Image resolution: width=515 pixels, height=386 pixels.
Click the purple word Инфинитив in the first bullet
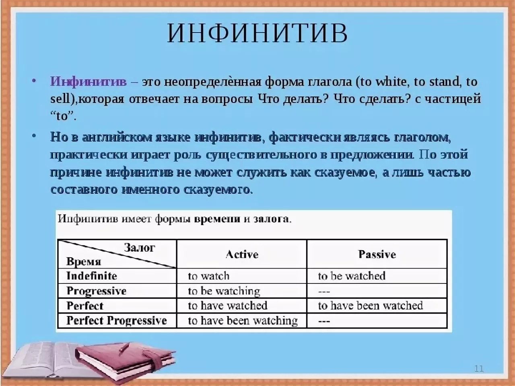pos(88,82)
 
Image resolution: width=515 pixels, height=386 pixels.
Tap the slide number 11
pos(479,368)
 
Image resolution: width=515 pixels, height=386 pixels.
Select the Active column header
pos(242,254)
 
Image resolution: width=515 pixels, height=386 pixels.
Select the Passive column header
pos(377,254)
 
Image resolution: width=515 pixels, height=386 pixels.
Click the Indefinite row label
pos(92,276)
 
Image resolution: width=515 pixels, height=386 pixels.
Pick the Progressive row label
pos(97,291)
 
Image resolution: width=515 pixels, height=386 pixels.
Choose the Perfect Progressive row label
pos(117,320)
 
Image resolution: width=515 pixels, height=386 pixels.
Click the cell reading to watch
pos(208,276)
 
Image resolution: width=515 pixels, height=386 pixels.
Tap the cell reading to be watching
pos(224,291)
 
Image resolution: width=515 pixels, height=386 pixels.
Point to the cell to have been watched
pos(370,306)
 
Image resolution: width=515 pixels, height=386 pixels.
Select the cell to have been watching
pos(243,320)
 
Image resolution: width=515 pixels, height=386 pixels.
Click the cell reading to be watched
pos(352,276)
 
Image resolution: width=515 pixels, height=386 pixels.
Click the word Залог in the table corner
pos(139,248)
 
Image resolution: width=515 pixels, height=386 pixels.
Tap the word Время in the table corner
pos(84,262)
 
